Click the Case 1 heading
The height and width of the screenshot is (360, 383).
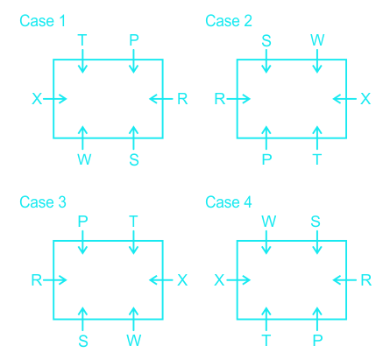[42, 21]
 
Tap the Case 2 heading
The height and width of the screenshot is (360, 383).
[229, 21]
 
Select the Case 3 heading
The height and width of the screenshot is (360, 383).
[43, 202]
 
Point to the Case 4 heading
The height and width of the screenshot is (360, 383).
[229, 202]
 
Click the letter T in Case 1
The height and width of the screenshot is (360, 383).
[82, 40]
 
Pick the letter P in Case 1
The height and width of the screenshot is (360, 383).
[134, 40]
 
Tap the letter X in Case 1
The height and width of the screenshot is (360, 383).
[37, 99]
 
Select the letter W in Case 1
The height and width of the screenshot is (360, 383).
[84, 159]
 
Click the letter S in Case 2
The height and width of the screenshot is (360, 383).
[266, 40]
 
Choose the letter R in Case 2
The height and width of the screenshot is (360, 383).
[220, 99]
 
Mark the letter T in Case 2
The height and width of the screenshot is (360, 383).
[317, 159]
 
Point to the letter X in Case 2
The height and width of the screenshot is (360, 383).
[365, 99]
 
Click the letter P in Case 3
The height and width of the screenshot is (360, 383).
[82, 222]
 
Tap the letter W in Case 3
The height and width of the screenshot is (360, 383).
[134, 341]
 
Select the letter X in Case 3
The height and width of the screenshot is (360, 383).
[182, 280]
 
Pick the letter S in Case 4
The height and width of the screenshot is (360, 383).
[316, 222]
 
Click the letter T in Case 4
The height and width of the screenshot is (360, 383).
[266, 341]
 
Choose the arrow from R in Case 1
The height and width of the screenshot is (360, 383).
[161, 99]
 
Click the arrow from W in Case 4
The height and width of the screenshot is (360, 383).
[266, 242]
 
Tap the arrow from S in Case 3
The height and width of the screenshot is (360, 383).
[82, 319]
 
